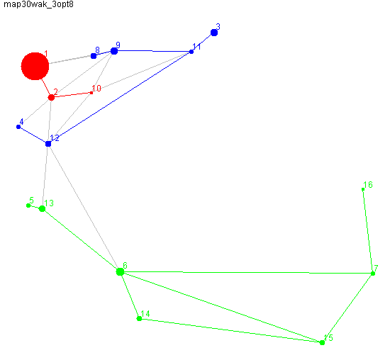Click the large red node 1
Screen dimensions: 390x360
tap(35, 66)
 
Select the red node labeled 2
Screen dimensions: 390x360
tap(51, 98)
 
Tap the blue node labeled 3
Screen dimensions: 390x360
tap(214, 33)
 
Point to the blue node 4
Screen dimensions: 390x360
tap(18, 127)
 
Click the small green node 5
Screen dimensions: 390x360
tap(28, 206)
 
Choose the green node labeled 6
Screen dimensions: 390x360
tap(120, 271)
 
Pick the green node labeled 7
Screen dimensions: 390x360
tap(373, 274)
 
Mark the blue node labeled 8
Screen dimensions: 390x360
tap(94, 56)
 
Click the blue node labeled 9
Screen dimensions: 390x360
tap(114, 51)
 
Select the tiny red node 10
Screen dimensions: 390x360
tap(91, 93)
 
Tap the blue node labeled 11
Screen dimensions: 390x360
tap(191, 52)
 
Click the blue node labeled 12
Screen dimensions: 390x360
tap(48, 144)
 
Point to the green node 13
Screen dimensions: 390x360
tap(43, 208)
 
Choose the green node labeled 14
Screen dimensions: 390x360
tap(139, 318)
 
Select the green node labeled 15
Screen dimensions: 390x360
tap(322, 342)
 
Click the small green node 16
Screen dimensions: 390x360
tap(363, 189)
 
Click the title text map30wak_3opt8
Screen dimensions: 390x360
tap(38, 4)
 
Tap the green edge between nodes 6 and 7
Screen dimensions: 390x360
tap(247, 273)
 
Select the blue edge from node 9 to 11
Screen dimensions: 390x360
tap(152, 51)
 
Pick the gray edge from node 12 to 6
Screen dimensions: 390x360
tap(84, 208)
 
